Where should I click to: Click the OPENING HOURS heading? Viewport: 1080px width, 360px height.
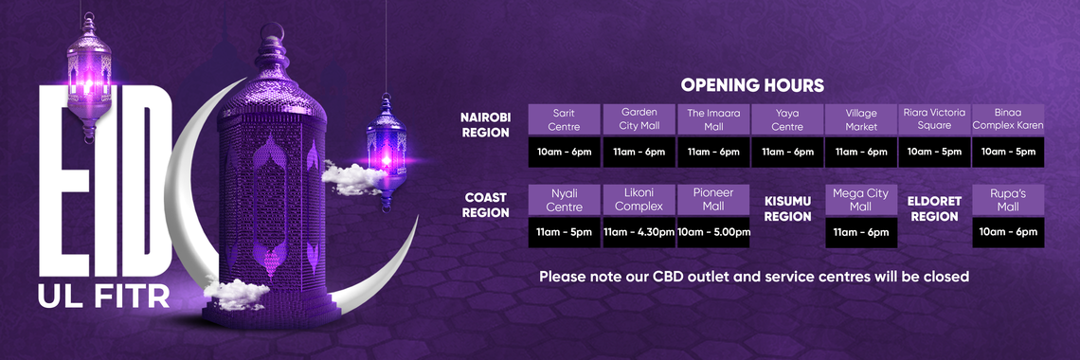(752, 85)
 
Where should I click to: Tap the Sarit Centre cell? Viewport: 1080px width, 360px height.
(564, 119)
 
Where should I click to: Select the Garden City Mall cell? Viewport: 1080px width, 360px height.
(639, 119)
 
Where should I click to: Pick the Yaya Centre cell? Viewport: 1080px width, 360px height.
(787, 119)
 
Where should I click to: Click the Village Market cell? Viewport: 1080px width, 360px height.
(861, 119)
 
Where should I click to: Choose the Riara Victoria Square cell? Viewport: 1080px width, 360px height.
(935, 119)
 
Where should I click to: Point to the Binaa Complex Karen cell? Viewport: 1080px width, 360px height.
(1008, 119)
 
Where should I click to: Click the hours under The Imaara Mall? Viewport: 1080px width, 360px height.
(713, 153)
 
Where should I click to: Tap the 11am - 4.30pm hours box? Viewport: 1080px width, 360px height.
(639, 233)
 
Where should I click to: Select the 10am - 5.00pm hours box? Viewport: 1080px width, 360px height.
(713, 233)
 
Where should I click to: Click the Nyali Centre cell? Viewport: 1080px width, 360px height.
(564, 200)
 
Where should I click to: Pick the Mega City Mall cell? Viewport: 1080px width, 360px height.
(861, 200)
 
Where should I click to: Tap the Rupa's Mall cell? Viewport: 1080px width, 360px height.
(1008, 200)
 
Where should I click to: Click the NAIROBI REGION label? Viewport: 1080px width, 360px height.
(486, 125)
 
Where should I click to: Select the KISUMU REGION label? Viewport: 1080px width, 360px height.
(788, 208)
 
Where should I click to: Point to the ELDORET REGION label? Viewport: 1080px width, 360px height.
(934, 208)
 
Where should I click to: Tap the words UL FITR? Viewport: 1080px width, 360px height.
(103, 297)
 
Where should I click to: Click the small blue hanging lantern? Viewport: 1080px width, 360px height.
(387, 153)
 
